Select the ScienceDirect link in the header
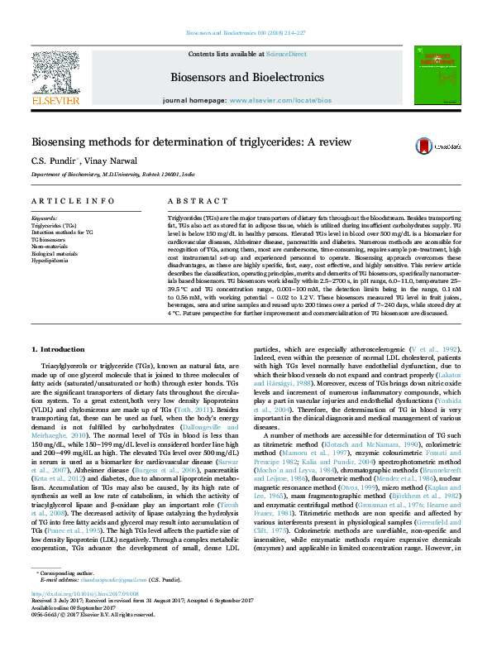(286, 54)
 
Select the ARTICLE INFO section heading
(73, 201)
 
